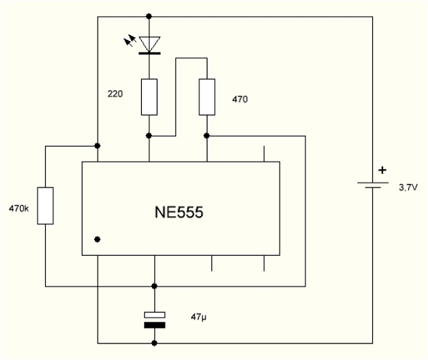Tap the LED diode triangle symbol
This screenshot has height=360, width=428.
pos(149,43)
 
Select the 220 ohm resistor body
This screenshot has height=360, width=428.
pos(149,97)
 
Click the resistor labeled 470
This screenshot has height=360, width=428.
pos(206,97)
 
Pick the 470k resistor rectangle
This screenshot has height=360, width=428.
pos(45,205)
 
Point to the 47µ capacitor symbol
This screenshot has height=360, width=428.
pos(154,319)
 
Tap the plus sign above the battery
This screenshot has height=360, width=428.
pos(383,170)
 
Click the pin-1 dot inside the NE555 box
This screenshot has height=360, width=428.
pos(97,240)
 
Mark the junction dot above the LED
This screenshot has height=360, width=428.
pos(149,15)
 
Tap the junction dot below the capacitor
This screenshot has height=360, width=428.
pos(154,343)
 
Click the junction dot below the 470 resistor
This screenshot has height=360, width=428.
pos(206,134)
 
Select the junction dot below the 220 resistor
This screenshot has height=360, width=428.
pos(149,134)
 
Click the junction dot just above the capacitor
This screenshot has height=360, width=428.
pos(154,287)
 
